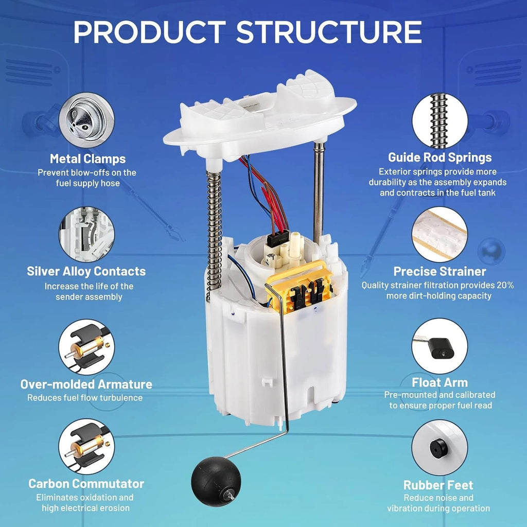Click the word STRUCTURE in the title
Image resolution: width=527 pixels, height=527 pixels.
329,32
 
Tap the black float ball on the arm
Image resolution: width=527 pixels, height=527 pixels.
216,481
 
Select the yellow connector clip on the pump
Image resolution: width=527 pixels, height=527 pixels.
298,287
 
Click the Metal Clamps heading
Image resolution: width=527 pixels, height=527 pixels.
87,159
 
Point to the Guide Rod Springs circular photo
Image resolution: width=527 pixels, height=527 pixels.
440,120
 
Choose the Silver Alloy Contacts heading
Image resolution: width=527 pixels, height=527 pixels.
86,271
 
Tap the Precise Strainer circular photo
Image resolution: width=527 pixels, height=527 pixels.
440,234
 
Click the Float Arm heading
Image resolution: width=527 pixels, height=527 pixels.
440,382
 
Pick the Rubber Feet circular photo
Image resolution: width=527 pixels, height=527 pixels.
440,447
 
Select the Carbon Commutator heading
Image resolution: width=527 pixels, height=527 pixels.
86,484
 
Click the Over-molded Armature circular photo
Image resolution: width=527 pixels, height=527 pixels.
86,347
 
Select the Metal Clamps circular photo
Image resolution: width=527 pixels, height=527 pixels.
86,120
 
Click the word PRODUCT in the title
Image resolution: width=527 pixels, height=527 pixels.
150,32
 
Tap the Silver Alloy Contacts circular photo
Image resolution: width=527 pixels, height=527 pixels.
86,234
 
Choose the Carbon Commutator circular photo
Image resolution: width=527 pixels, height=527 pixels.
86,447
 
